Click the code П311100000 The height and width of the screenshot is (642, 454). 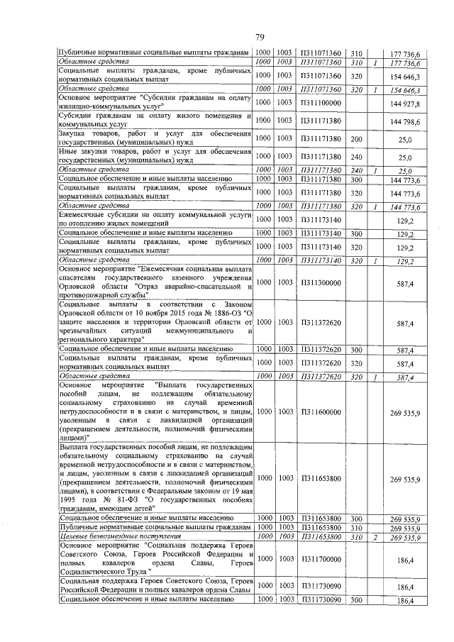pyautogui.click(x=318, y=104)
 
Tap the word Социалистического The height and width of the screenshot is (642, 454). pyautogui.click(x=98, y=570)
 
